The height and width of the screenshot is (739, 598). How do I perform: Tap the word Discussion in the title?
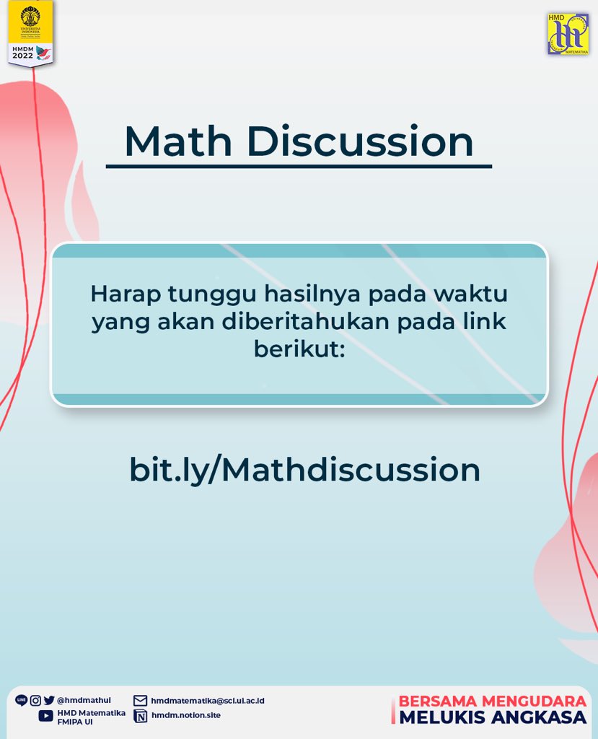[360, 141]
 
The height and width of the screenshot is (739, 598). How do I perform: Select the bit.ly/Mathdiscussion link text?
[304, 470]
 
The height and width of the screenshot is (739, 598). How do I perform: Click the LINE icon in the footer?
[21, 700]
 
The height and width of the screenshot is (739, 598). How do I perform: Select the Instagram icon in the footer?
[35, 700]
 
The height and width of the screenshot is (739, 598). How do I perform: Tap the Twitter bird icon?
[49, 700]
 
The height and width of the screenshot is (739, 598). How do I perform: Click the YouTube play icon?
[45, 716]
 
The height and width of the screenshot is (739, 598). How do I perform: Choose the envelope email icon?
[141, 701]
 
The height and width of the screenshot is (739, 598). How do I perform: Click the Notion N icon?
[141, 716]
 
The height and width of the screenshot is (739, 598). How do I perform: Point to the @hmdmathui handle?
[84, 700]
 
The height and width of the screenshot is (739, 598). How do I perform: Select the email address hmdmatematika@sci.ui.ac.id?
[208, 701]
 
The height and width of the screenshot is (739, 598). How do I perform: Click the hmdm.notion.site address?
[186, 716]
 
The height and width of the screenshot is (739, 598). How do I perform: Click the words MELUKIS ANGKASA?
[493, 717]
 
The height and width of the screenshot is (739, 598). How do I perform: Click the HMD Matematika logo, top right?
[568, 34]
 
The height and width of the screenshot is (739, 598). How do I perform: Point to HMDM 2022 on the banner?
[22, 52]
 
